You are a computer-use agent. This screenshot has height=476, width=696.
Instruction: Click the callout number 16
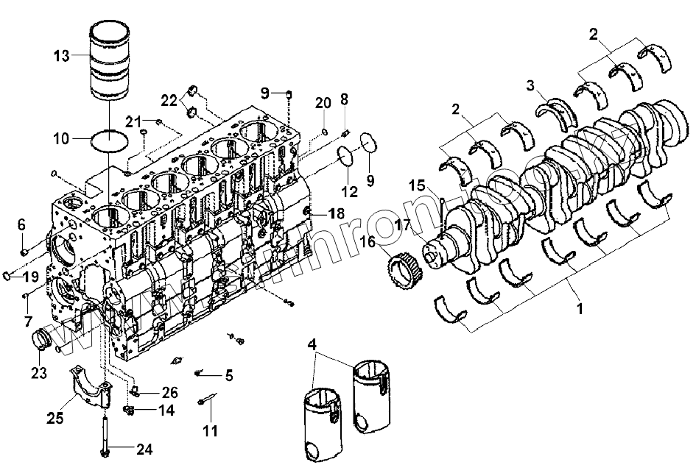coord(368,240)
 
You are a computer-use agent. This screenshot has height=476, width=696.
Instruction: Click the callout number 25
coord(55,418)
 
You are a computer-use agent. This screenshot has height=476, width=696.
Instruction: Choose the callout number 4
coord(312,344)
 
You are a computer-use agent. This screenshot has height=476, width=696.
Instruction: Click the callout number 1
coord(580,310)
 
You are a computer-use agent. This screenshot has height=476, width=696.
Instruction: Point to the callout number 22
coord(169,99)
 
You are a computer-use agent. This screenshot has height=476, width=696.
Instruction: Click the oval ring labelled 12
coord(344,157)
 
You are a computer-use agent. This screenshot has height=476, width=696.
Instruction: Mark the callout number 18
coord(336,213)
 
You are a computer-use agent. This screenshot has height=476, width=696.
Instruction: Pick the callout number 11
coord(211,430)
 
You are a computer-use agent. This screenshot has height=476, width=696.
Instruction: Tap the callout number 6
coord(21,224)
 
